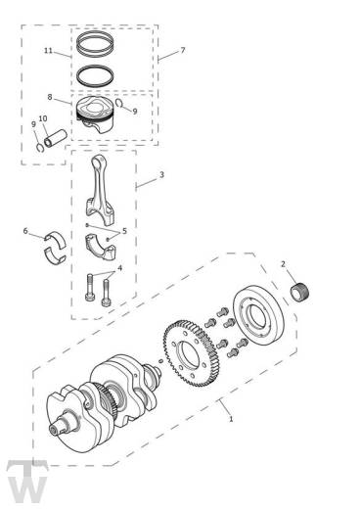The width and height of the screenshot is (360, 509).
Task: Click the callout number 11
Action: (48, 50)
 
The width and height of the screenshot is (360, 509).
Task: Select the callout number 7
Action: (181, 49)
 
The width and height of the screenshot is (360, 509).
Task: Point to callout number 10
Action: (42, 119)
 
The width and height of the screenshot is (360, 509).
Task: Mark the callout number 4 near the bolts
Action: (119, 267)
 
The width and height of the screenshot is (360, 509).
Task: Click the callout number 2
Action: (283, 264)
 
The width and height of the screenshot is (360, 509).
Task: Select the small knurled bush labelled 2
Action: (303, 291)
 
